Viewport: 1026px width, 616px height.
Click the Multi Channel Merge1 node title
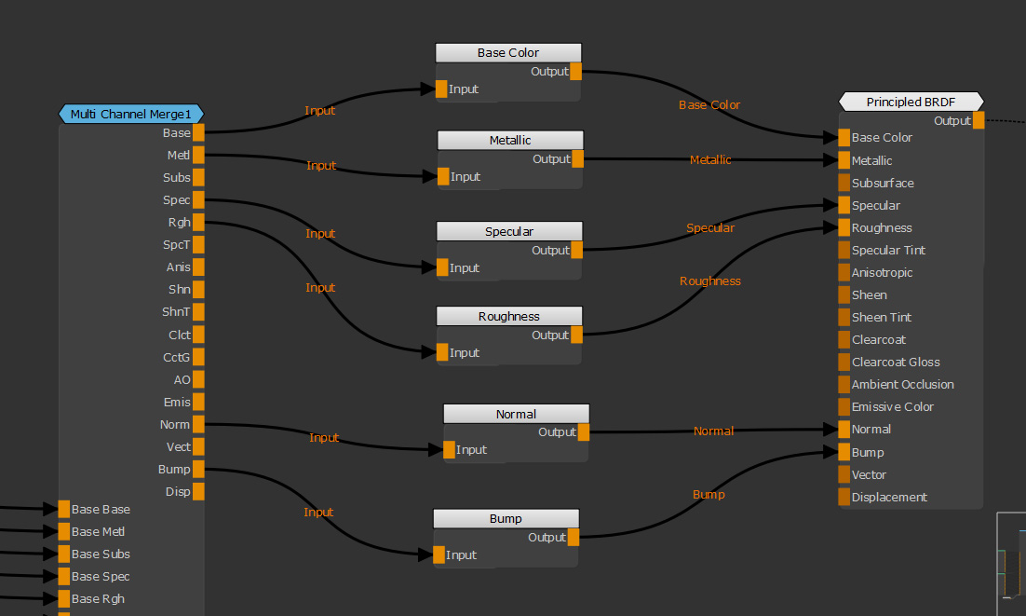tap(130, 115)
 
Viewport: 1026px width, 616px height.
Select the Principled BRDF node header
tap(911, 103)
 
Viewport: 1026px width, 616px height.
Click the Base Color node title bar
tap(508, 53)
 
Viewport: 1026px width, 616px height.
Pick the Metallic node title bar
tap(510, 141)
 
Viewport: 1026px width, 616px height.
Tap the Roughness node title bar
tap(509, 317)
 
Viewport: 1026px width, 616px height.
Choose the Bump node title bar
tap(506, 519)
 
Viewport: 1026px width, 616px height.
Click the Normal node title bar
tap(516, 415)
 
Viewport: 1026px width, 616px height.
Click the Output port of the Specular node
tap(576, 251)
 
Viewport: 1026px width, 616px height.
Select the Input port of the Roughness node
tap(442, 353)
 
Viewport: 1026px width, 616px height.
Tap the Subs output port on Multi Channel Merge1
tap(198, 178)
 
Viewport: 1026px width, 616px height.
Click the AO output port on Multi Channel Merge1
tap(198, 380)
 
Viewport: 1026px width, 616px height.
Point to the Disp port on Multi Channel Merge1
tap(198, 492)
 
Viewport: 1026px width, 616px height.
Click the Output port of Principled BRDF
tap(979, 121)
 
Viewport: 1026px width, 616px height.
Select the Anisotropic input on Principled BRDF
tap(844, 273)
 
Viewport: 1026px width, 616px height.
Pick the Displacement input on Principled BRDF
tap(844, 498)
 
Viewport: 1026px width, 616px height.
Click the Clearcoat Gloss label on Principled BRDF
tap(896, 363)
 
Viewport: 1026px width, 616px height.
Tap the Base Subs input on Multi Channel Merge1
tap(64, 554)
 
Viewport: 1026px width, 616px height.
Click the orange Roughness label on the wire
tap(710, 281)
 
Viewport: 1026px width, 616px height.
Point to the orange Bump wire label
tap(709, 495)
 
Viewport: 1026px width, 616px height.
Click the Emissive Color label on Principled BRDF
tap(892, 407)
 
